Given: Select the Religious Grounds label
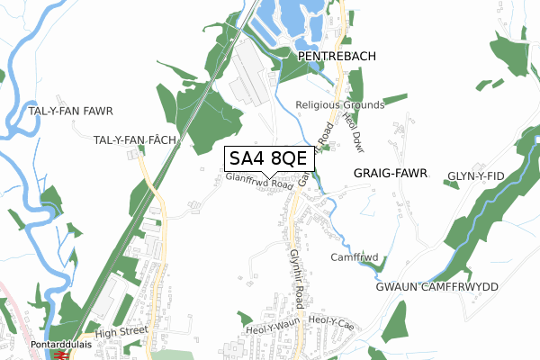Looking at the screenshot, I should click(x=340, y=105).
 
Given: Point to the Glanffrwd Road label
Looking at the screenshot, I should click(x=260, y=183).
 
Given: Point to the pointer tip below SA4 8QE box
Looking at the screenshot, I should click(x=269, y=176).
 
